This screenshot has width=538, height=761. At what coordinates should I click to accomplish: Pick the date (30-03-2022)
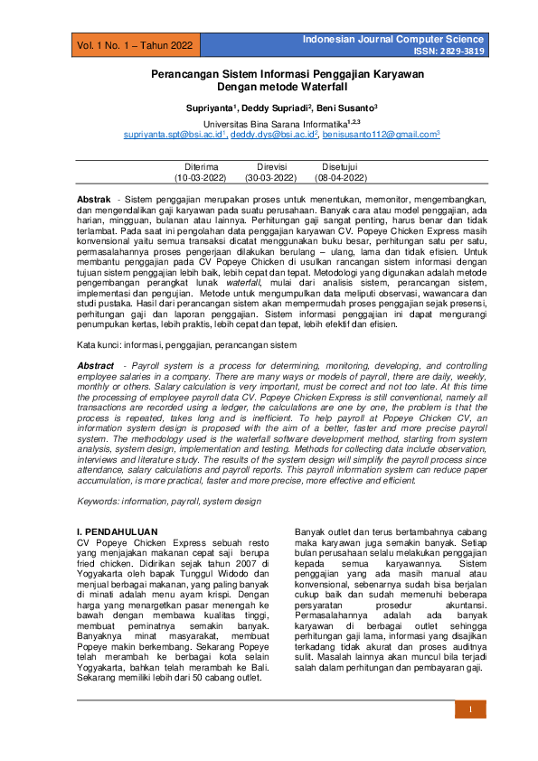click(271, 179)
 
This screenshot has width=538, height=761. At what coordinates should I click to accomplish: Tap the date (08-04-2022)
click(341, 179)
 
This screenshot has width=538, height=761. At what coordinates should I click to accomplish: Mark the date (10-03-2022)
click(201, 179)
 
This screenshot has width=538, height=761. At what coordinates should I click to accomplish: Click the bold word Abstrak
click(94, 198)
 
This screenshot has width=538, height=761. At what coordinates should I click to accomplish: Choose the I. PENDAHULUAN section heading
click(116, 531)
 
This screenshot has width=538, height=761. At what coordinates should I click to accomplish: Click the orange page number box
click(470, 709)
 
